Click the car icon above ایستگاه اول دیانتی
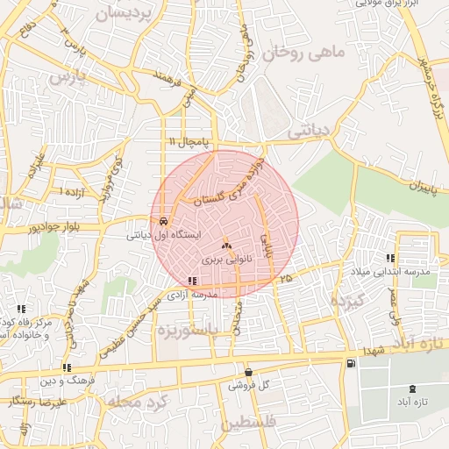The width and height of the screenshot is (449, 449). [x=164, y=220]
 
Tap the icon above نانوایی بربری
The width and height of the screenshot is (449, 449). [x=226, y=246]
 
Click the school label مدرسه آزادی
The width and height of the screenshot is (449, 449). [x=192, y=296]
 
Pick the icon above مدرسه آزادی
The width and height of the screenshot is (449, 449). [x=192, y=281]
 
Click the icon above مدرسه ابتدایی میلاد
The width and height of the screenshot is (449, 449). [x=390, y=258]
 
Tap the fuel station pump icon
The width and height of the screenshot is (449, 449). [x=352, y=363]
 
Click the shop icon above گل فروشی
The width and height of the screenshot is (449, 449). [x=248, y=371]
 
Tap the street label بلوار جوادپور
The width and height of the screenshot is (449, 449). [x=36, y=227]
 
